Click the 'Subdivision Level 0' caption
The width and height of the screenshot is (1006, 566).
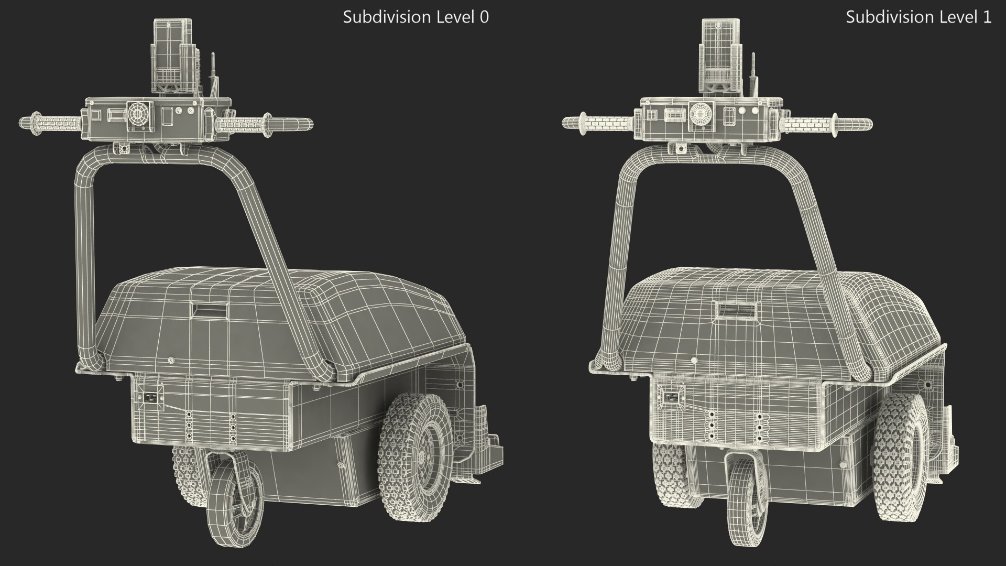(x=415, y=17)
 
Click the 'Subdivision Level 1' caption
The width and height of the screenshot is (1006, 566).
(x=918, y=17)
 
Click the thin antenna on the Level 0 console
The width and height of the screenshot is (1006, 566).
(x=213, y=73)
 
